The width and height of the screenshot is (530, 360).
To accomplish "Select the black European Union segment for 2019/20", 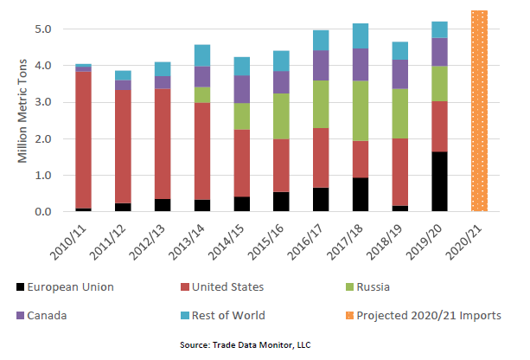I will pyautogui.click(x=439, y=182).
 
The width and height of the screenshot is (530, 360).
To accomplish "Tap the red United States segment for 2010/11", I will pyautogui.click(x=84, y=139).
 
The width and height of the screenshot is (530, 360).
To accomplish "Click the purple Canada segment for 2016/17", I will pyautogui.click(x=321, y=65).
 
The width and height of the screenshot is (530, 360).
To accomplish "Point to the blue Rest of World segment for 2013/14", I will pyautogui.click(x=202, y=55).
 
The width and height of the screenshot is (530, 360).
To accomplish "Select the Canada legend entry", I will pyautogui.click(x=52, y=316).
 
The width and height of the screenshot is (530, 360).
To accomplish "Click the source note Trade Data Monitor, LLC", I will pyautogui.click(x=245, y=345).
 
